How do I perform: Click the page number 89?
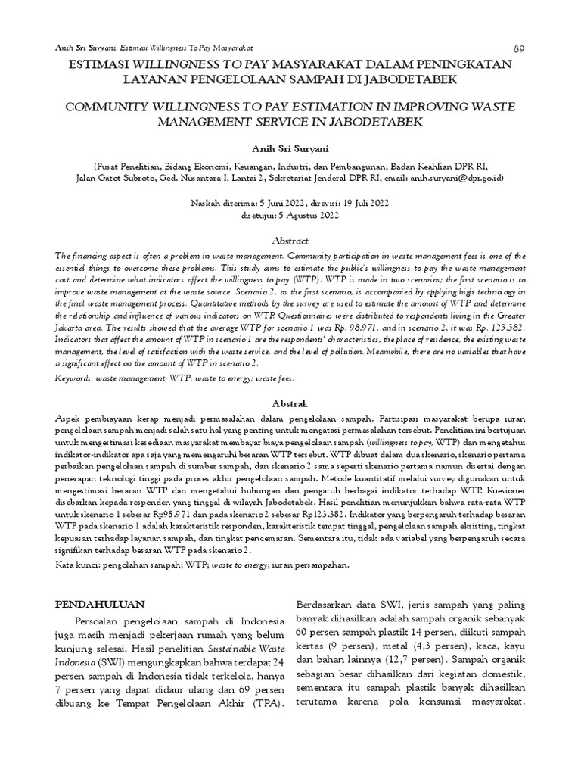click(520, 48)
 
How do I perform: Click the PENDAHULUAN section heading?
click(101, 605)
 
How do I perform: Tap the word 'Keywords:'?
click(78, 377)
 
